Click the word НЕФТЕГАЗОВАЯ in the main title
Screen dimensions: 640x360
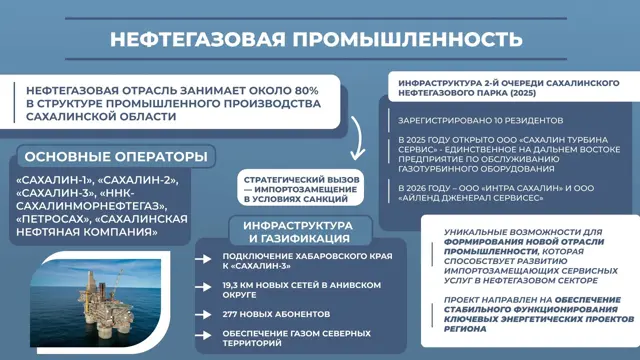198,40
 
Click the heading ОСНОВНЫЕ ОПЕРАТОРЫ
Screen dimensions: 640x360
116,157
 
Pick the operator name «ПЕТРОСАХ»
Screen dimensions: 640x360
53,219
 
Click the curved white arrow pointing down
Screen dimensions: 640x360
358,138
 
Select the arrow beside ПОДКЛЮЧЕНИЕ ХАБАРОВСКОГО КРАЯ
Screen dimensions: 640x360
203,259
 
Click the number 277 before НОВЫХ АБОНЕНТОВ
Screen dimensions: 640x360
229,314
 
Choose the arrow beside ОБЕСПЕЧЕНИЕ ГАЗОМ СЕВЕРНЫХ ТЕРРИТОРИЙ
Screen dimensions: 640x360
203,336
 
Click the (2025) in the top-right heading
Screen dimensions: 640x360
523,93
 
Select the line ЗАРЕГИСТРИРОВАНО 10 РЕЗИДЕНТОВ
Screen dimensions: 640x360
480,121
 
